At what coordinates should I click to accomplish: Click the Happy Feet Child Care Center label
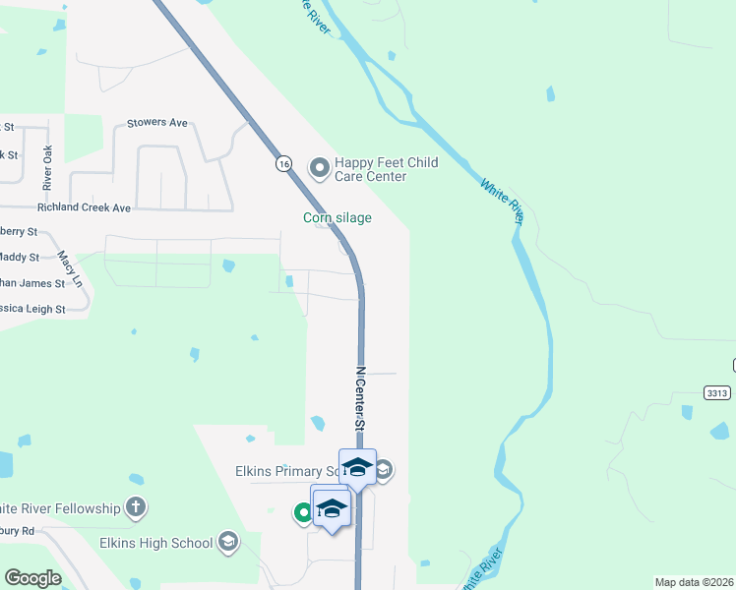(x=386, y=169)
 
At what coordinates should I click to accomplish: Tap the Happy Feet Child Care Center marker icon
(x=319, y=168)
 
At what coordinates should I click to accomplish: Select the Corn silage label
(x=337, y=217)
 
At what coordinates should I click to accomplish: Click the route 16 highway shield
(x=283, y=164)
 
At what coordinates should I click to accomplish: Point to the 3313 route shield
(x=717, y=392)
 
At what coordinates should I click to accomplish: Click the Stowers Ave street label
(x=156, y=124)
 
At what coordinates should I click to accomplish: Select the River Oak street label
(x=46, y=168)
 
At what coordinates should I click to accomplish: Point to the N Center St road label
(x=360, y=398)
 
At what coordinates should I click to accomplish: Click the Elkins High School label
(x=156, y=542)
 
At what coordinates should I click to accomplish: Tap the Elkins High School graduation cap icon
(x=228, y=542)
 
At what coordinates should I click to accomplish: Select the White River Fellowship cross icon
(x=136, y=508)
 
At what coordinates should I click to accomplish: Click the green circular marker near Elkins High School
(x=304, y=511)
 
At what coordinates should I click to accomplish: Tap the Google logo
(x=32, y=578)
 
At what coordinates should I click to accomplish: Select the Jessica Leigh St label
(x=31, y=309)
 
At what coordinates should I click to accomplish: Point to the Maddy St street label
(x=19, y=257)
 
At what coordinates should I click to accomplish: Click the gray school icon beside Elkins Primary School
(x=384, y=471)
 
